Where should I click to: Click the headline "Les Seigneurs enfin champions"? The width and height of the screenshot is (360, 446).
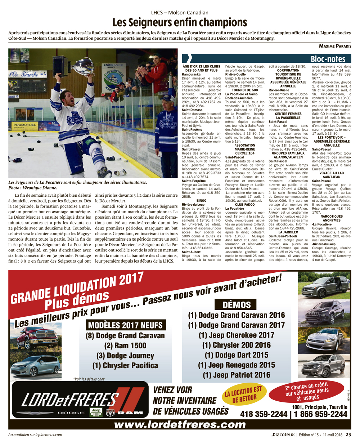(180, 23)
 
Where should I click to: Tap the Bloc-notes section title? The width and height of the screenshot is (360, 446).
(328, 59)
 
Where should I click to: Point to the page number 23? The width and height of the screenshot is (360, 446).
(348, 434)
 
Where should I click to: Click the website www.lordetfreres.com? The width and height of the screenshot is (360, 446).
(180, 424)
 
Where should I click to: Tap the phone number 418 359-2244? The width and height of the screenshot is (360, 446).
(264, 414)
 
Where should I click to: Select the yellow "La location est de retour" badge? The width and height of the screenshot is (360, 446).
(243, 394)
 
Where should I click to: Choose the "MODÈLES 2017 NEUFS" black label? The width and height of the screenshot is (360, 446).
(125, 325)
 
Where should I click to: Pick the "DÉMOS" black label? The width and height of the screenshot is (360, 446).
(237, 305)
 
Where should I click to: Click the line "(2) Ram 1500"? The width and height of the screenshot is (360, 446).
(125, 345)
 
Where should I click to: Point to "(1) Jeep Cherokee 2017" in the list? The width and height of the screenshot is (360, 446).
(237, 335)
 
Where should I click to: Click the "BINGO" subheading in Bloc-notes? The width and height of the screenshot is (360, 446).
(202, 201)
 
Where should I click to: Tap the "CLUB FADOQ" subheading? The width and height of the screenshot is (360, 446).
(245, 205)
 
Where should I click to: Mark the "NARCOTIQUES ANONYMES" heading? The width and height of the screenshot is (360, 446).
(332, 218)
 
